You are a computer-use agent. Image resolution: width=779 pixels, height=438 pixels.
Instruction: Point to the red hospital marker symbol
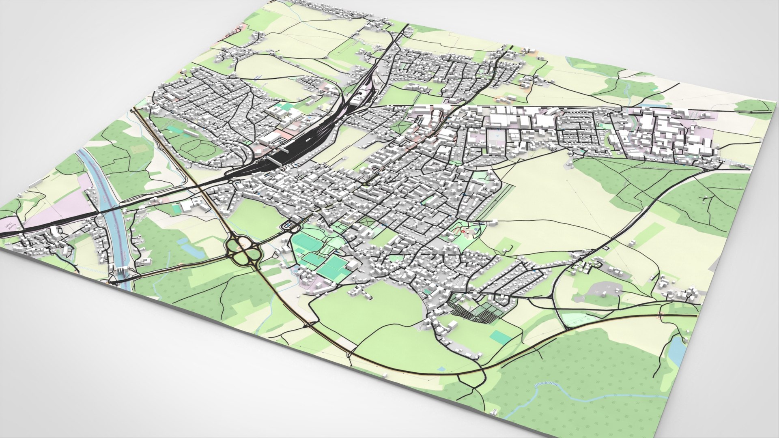coord(464,230)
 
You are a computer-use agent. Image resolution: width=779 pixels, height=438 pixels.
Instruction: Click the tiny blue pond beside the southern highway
coord(441,369)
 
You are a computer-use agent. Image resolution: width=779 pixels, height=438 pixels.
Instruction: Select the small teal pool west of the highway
coord(176,209)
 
